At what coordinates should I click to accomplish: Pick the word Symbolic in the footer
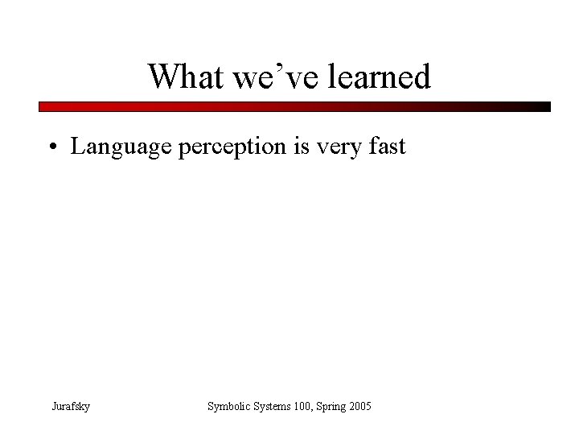tap(229, 407)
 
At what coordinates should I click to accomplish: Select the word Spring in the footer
tap(336, 407)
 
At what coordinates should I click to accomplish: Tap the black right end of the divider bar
tap(545, 106)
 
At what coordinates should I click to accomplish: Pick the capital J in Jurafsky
tap(52, 407)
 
